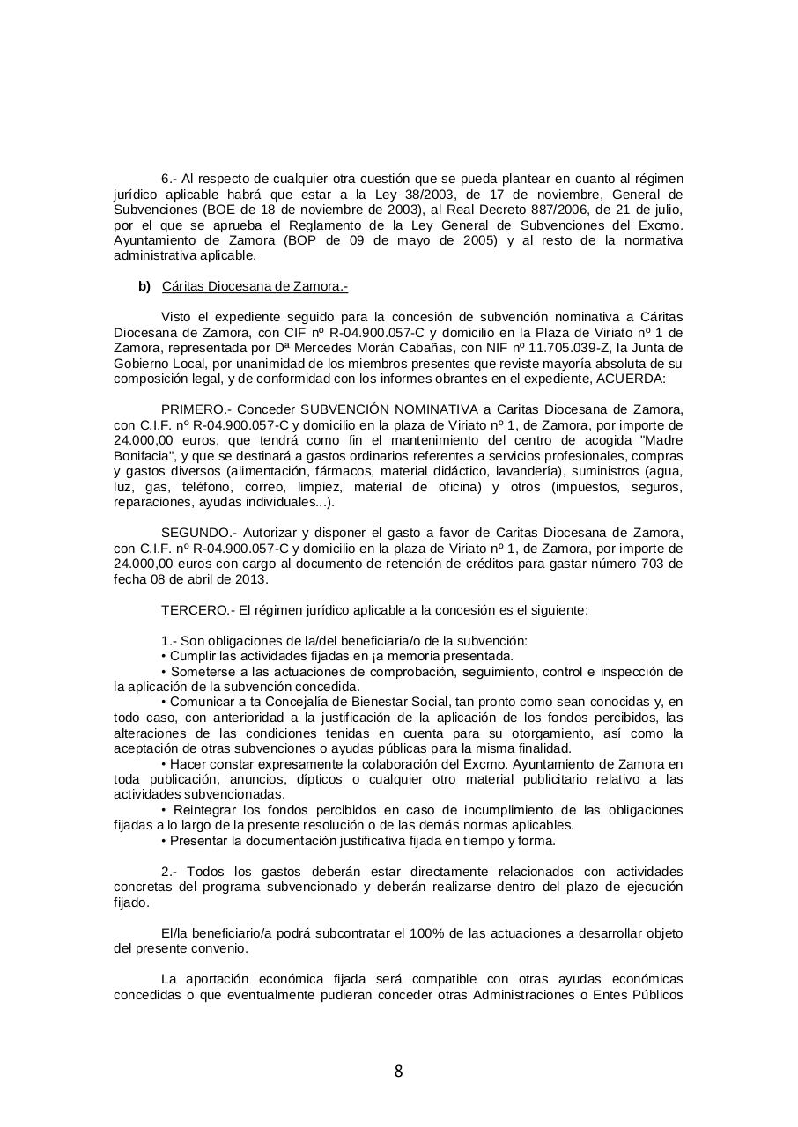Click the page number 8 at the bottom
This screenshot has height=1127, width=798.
pyautogui.click(x=398, y=1072)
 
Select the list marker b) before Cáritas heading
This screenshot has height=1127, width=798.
pyautogui.click(x=144, y=286)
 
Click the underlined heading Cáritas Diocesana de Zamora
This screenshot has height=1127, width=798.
pyautogui.click(x=255, y=286)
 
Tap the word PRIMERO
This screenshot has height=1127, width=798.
pyautogui.click(x=196, y=409)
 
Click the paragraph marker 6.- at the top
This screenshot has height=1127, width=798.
pyautogui.click(x=170, y=179)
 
